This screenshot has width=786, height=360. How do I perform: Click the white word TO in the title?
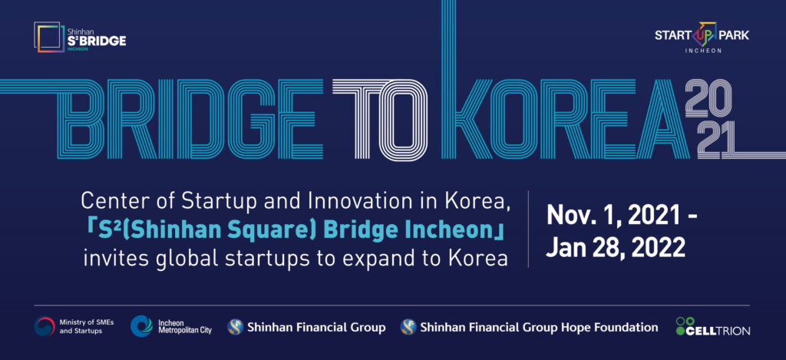[380, 118]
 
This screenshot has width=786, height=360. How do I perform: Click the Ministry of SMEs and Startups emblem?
[45, 326]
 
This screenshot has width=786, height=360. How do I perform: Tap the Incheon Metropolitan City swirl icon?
[141, 326]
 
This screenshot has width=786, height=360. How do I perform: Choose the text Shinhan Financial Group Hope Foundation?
[539, 328]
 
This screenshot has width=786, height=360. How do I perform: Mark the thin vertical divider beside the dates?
[528, 229]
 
